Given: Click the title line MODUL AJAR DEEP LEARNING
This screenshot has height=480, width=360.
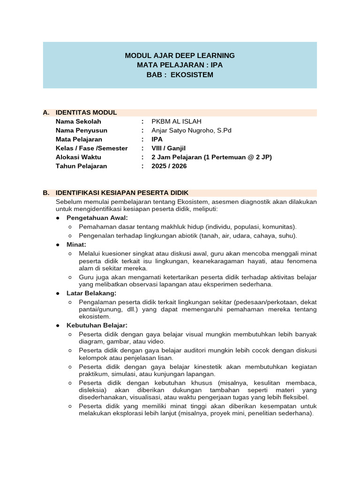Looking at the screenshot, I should [x=180, y=55].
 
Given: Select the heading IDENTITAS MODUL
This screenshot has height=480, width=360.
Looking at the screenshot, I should [x=86, y=112].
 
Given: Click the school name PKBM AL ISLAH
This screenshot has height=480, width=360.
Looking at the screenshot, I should [x=177, y=121].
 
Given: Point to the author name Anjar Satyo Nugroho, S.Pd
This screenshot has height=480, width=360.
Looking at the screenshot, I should [x=191, y=130].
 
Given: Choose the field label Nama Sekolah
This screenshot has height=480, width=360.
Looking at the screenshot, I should [x=78, y=121].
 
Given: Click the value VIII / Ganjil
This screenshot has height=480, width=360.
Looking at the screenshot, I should [x=169, y=148].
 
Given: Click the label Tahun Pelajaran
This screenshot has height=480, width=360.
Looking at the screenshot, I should [x=81, y=166].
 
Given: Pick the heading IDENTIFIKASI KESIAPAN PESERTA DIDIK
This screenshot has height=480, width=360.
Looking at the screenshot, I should [x=122, y=193].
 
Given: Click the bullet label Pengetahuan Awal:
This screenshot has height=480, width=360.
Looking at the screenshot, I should [x=97, y=218].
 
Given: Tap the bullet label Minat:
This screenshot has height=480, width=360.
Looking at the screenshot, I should [x=76, y=245].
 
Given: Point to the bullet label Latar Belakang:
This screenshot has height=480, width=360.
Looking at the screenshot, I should [x=91, y=293].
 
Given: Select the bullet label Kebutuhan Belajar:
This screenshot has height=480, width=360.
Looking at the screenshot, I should [x=97, y=325].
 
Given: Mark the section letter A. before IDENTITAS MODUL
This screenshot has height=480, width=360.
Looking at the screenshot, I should [x=46, y=112].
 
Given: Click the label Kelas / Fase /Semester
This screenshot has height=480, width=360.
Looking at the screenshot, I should [x=91, y=148].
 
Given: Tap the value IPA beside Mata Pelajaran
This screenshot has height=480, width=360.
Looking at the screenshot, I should [x=157, y=139].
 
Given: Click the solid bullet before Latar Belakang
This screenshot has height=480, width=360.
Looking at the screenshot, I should [x=58, y=293].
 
